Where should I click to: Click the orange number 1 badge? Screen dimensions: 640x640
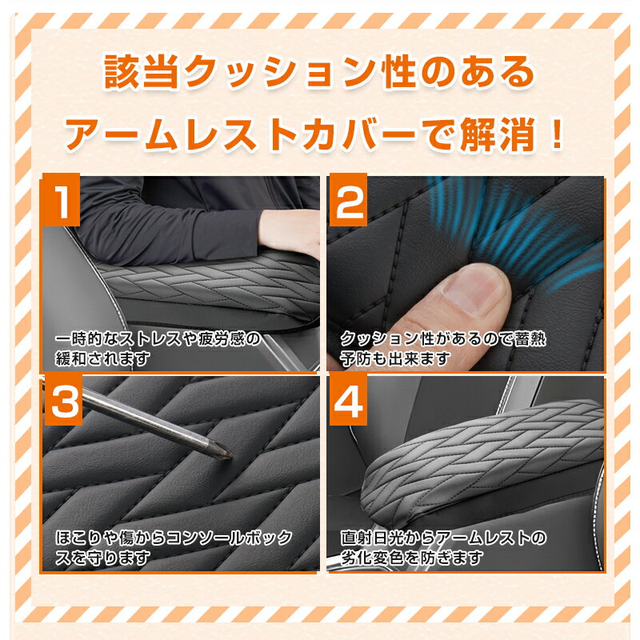[x=62, y=199]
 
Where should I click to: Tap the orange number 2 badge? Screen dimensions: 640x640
[x=348, y=199]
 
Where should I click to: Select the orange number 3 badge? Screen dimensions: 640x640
[x=62, y=400]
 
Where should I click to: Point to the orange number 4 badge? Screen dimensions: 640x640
[x=348, y=400]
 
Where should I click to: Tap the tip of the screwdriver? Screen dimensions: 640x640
[x=231, y=455]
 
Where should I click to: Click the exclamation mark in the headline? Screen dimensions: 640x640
[x=555, y=133]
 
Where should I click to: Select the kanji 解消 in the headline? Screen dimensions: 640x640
[x=497, y=134]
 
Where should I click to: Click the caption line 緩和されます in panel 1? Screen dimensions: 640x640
[x=103, y=358]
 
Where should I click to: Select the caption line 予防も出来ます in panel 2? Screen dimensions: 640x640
[x=395, y=358]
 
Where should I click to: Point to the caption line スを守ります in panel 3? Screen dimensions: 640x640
[x=103, y=558]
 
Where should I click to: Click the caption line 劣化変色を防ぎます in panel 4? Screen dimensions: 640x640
[x=412, y=558]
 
